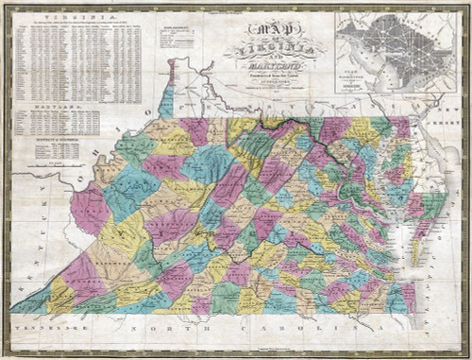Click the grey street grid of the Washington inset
pos(387,47)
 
